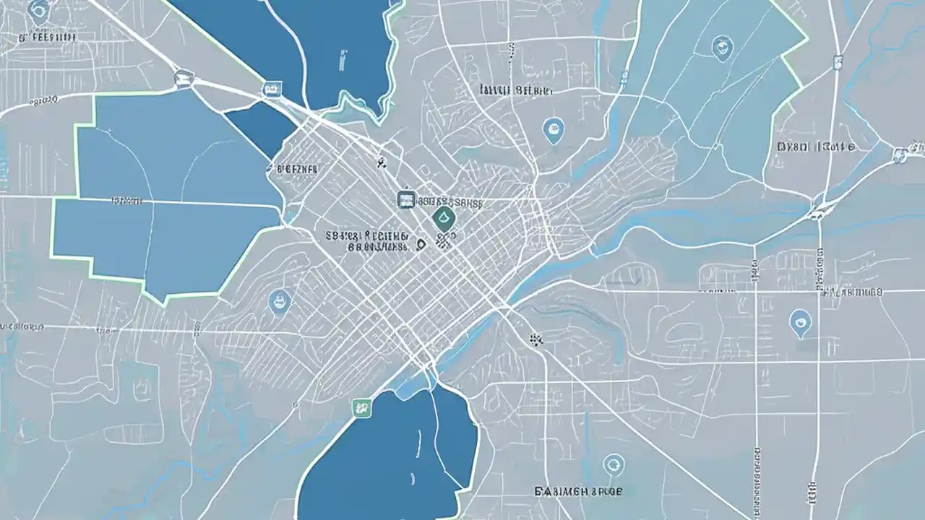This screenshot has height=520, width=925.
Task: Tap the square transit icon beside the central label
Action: (406, 200)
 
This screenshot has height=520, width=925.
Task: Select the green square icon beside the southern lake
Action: (361, 407)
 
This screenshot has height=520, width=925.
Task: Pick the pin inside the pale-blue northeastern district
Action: (722, 48)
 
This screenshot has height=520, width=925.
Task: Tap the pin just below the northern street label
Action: (553, 129)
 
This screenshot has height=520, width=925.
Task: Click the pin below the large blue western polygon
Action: (278, 300)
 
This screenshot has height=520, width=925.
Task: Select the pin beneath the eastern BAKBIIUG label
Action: (799, 322)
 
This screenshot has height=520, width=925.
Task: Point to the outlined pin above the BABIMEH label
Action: (614, 463)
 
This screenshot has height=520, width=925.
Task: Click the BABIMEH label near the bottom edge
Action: (579, 491)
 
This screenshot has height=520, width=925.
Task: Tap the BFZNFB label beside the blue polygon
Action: (296, 169)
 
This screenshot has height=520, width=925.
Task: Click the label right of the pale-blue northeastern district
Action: (816, 147)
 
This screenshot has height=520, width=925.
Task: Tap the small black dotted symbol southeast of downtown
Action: (535, 338)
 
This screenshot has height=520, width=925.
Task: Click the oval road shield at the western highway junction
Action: (183, 75)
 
